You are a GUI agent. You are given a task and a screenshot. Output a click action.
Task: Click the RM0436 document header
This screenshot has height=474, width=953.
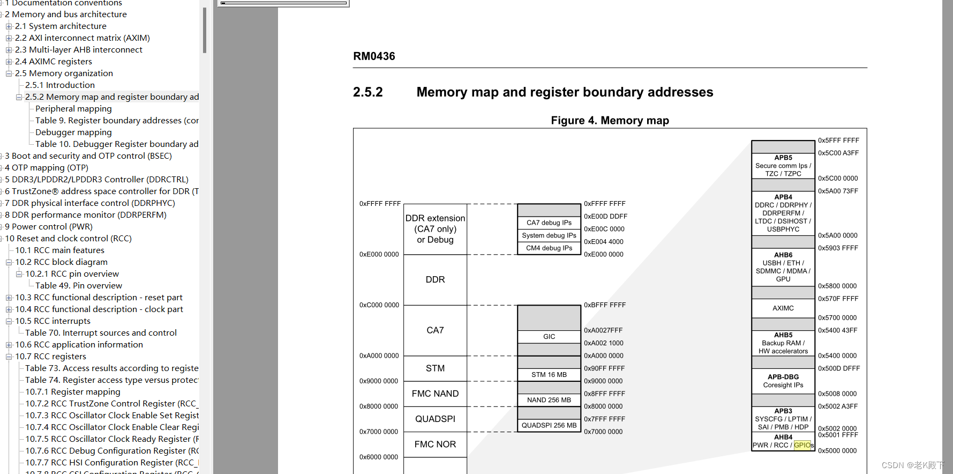[374, 56]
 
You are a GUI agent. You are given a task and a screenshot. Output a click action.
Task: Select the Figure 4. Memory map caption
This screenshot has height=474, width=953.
[610, 121]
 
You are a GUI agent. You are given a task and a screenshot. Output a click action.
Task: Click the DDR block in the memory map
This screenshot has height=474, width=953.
[435, 280]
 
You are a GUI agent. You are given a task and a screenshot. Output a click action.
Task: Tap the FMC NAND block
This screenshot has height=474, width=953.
[435, 394]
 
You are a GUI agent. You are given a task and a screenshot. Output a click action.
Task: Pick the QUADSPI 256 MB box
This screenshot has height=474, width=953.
[549, 426]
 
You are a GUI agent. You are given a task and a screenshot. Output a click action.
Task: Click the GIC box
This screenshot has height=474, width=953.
[549, 337]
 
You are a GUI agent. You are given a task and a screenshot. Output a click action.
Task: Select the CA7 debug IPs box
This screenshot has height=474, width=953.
[549, 223]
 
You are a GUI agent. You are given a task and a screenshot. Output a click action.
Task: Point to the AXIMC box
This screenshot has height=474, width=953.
[783, 308]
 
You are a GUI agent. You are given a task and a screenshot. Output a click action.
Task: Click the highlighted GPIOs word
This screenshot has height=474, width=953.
[802, 445]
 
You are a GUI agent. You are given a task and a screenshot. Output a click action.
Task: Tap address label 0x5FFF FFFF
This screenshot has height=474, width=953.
[838, 140]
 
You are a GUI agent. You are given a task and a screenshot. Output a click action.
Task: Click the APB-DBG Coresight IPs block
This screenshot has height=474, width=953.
[783, 381]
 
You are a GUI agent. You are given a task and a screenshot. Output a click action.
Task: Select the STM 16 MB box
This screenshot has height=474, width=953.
[549, 375]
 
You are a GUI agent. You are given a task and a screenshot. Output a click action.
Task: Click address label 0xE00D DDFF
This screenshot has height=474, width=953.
[605, 217]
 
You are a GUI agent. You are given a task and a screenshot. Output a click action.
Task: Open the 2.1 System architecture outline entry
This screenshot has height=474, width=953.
[61, 26]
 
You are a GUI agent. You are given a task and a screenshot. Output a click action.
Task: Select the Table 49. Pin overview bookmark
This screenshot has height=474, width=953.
[79, 286]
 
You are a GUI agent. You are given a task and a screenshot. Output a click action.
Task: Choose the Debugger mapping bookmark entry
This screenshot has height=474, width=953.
[73, 132]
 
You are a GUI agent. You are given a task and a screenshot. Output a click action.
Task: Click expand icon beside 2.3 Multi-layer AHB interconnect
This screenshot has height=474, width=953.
[9, 50]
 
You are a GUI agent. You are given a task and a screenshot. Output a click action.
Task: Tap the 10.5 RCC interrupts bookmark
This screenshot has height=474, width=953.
[52, 321]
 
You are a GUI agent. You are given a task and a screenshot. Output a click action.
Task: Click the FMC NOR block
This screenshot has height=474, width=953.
[435, 445]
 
